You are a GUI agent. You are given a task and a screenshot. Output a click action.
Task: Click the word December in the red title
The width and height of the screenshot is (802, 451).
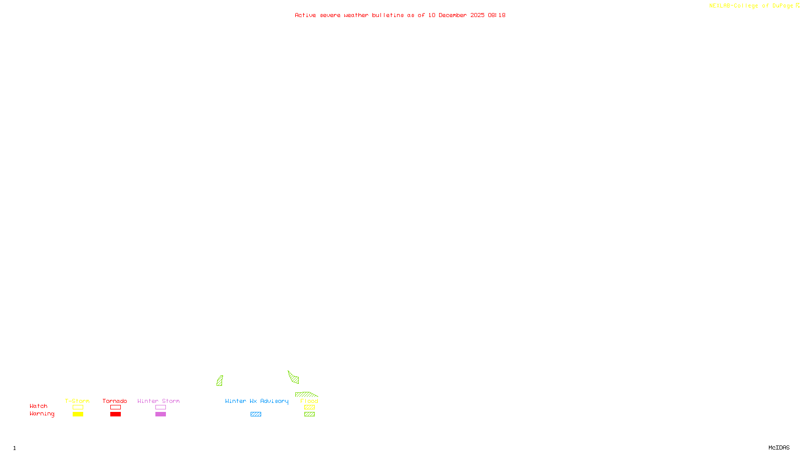tap(453, 16)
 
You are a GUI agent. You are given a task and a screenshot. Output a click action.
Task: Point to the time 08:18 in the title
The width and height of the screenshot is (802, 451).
tap(497, 16)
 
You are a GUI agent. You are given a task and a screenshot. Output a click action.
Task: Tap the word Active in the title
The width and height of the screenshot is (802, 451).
tap(305, 16)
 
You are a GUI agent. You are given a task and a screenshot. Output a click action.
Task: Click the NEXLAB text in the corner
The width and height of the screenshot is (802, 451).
tap(720, 6)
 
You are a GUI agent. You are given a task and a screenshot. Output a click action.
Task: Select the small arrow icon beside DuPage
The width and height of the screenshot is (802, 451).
tap(797, 6)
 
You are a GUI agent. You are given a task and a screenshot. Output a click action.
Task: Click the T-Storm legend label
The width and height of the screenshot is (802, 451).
tap(77, 401)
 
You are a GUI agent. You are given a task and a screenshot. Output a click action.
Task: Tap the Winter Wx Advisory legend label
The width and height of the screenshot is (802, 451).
tap(257, 401)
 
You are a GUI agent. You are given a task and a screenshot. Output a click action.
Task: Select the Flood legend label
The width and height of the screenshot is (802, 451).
tap(309, 401)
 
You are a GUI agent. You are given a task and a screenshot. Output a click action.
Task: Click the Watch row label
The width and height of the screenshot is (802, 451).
tap(39, 406)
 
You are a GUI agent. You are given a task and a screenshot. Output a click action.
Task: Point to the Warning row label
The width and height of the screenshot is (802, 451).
tap(42, 414)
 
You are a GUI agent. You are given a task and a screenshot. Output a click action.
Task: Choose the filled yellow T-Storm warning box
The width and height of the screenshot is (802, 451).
tap(78, 414)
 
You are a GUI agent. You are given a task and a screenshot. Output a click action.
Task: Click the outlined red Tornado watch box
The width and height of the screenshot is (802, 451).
tap(116, 407)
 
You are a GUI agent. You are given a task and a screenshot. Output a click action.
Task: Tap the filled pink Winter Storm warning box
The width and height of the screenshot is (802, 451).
tap(160, 414)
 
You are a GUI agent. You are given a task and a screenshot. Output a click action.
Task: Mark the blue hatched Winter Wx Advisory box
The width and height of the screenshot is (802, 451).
tap(256, 414)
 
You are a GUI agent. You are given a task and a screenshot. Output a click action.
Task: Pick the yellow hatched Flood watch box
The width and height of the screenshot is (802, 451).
tap(309, 407)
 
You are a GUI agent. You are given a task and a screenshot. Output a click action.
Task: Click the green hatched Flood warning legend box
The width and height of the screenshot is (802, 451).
tap(309, 414)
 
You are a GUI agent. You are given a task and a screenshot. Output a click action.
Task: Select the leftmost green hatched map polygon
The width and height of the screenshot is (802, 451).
tap(220, 381)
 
